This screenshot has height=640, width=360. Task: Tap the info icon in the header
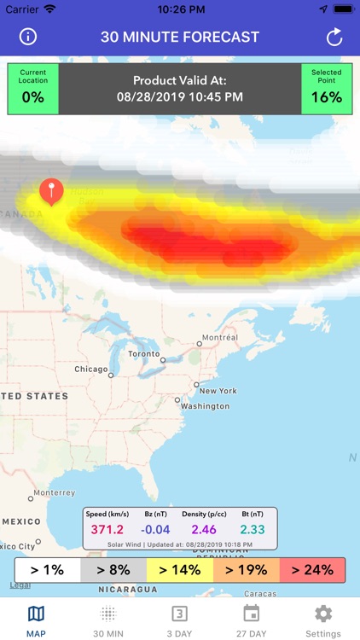tap(28, 37)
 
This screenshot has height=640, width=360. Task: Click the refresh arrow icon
tap(334, 37)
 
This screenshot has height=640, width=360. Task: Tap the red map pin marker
tap(51, 191)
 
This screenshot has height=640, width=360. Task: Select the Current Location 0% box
tap(32, 89)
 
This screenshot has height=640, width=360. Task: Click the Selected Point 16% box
tap(326, 89)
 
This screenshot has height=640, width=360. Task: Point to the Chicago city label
tap(91, 369)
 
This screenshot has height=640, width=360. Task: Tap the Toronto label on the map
tap(143, 353)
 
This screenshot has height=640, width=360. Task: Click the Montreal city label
tap(219, 338)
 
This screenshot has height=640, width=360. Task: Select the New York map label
tap(218, 391)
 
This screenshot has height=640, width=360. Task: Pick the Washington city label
tap(205, 406)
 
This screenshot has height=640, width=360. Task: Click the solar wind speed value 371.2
tap(107, 529)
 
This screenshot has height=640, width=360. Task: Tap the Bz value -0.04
tap(154, 529)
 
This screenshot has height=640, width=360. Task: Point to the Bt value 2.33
tap(252, 529)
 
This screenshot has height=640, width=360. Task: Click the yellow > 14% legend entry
tap(180, 570)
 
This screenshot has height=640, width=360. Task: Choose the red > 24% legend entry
tap(312, 570)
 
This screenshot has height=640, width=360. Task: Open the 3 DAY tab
tap(179, 620)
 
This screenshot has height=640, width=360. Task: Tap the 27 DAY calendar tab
tap(251, 620)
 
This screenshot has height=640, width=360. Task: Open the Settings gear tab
tap(322, 620)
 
